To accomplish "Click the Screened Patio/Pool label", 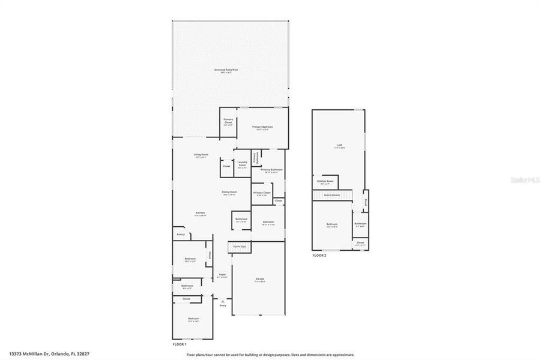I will [231, 70].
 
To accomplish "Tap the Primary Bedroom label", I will [262, 127].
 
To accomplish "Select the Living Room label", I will [201, 155].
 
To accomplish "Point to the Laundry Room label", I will [243, 163].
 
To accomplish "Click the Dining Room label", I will [229, 193].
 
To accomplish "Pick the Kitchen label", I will [201, 214].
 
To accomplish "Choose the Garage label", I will [260, 279].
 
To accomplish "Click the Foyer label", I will [222, 275].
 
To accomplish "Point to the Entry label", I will [223, 305].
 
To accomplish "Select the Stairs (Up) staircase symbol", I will [239, 247].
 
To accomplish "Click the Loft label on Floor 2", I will [340, 146].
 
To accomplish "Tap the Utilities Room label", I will [325, 182].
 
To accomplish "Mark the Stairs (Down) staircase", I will [331, 195].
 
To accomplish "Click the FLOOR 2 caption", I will [319, 256].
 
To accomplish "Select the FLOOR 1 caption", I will [180, 344].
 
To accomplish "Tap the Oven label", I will [279, 200].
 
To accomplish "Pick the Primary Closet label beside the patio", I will [228, 121].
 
